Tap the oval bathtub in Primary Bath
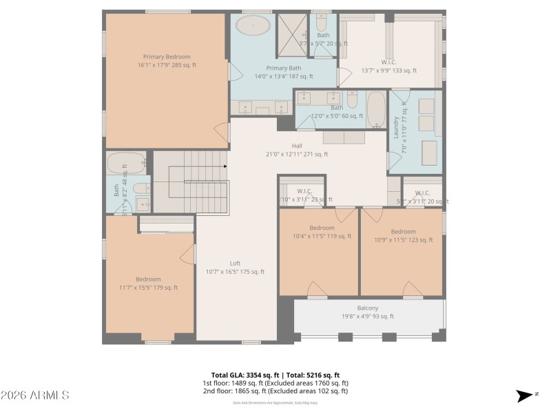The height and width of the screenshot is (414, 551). pyautogui.click(x=253, y=27)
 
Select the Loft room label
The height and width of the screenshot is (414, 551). pyautogui.click(x=235, y=263)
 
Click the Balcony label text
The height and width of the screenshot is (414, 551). pyautogui.click(x=367, y=308)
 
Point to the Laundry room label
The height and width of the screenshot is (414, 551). pyautogui.click(x=396, y=128)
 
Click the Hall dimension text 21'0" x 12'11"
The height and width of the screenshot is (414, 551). pyautogui.click(x=296, y=155)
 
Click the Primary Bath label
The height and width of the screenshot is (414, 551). pyautogui.click(x=284, y=68)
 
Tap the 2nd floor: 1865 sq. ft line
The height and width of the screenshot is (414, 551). pyautogui.click(x=275, y=391)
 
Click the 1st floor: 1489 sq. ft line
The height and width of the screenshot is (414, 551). pyautogui.click(x=275, y=383)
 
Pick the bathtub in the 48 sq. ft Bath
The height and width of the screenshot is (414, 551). pyautogui.click(x=125, y=164)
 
